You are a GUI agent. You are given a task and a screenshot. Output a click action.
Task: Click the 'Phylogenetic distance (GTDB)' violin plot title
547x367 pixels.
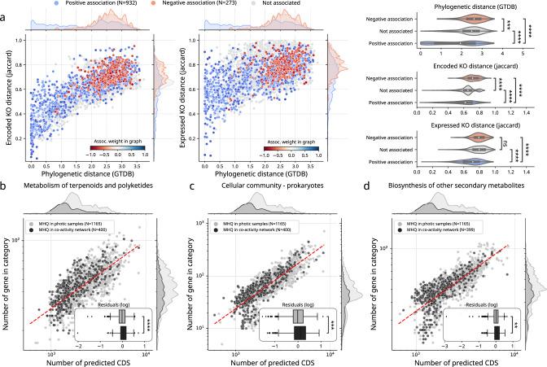[466, 7]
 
